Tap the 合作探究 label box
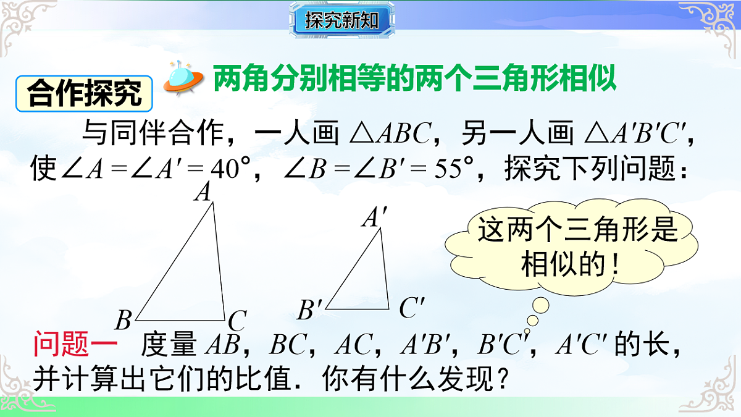click(85, 93)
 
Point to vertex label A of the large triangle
click(203, 193)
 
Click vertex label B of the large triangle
click(124, 320)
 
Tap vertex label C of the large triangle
click(237, 321)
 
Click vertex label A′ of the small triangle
click(375, 218)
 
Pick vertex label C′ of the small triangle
click(411, 308)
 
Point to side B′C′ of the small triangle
click(357, 308)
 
